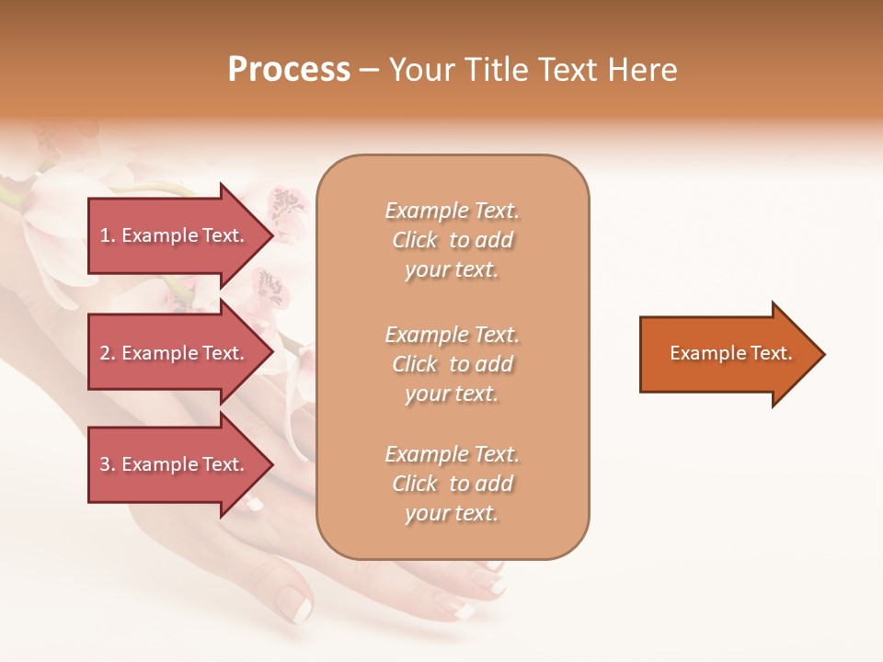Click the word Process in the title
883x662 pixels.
pyautogui.click(x=289, y=70)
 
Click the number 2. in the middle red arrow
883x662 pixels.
pyautogui.click(x=108, y=353)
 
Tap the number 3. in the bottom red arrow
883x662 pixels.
pyautogui.click(x=108, y=464)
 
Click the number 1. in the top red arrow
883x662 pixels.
pyautogui.click(x=108, y=235)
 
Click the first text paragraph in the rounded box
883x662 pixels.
pyautogui.click(x=452, y=240)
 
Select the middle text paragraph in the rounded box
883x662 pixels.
pyautogui.click(x=452, y=364)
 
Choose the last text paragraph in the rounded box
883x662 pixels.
pyautogui.click(x=452, y=484)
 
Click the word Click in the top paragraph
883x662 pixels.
pyautogui.click(x=415, y=241)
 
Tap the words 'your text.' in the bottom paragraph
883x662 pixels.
pyautogui.click(x=452, y=514)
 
